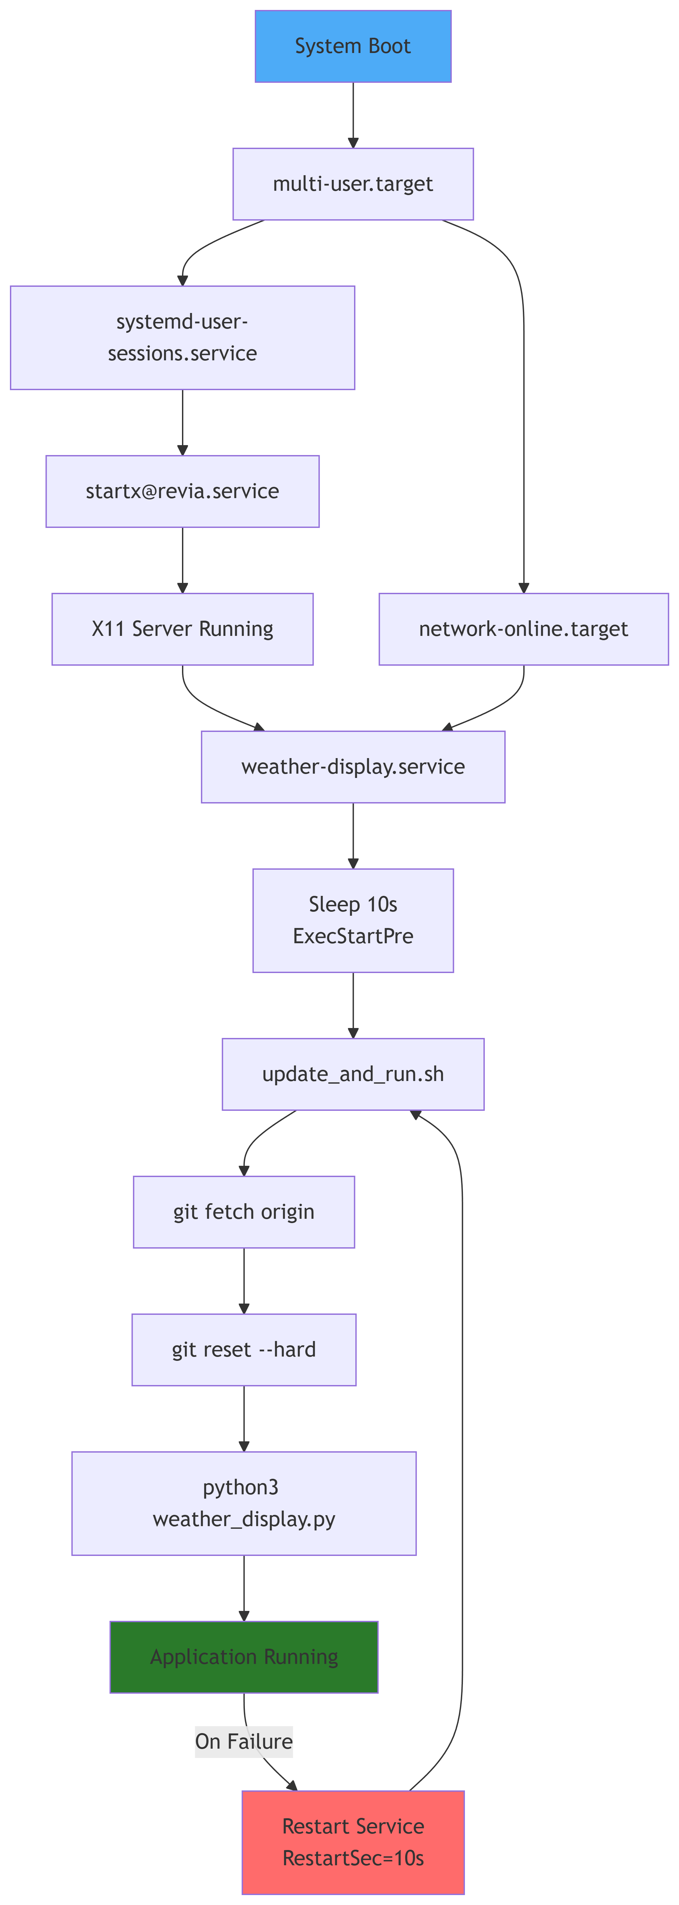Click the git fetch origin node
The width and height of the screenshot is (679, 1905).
pos(244,1211)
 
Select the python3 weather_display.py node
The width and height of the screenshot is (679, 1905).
pos(244,1503)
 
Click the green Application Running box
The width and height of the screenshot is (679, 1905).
pos(244,1657)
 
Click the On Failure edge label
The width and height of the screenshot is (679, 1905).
pos(244,1741)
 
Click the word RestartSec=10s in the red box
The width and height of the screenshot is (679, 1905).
pos(353,1858)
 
